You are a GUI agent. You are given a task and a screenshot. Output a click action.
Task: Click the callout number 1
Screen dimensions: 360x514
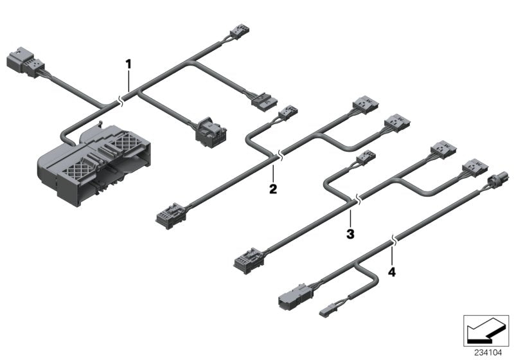pyautogui.click(x=128, y=64)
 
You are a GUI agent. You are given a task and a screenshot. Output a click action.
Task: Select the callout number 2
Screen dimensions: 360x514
pyautogui.click(x=273, y=189)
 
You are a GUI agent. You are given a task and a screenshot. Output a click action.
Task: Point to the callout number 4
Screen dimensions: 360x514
pyautogui.click(x=392, y=271)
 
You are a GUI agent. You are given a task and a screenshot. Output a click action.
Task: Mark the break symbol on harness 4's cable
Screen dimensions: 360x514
pyautogui.click(x=394, y=244)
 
